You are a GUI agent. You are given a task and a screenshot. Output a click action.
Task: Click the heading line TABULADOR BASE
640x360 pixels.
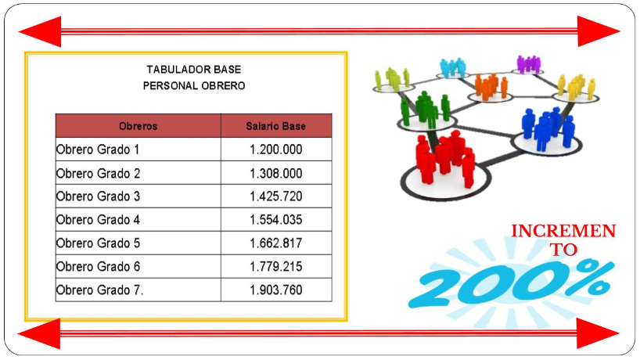point(194,70)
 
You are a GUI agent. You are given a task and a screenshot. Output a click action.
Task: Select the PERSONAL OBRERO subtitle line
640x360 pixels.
point(194,86)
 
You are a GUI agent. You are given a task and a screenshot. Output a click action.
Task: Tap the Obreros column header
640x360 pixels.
point(138,126)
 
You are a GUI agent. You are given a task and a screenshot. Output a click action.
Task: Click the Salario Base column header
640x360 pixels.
point(276,126)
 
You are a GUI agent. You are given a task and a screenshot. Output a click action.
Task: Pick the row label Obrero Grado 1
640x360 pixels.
point(98,149)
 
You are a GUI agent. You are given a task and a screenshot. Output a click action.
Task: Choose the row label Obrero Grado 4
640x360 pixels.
point(98,220)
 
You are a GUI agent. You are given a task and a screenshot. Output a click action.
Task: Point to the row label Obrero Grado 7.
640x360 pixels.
point(99,290)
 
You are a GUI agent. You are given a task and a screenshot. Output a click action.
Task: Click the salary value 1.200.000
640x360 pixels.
point(276,149)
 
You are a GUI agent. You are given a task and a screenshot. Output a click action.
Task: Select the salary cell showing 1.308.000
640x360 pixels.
point(276,173)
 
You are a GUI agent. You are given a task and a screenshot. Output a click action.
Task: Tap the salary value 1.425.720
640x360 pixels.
point(276,196)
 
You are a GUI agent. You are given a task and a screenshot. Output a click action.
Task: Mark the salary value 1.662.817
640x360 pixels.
point(276,243)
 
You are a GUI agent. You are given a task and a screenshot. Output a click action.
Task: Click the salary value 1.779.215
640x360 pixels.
point(276,267)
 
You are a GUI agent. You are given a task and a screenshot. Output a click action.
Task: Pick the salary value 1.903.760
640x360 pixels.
point(276,290)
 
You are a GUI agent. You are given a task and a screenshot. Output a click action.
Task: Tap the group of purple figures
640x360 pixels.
point(529,64)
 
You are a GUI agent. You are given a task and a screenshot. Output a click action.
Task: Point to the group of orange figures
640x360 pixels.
point(491,87)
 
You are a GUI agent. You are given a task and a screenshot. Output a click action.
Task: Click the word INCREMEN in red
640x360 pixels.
point(563,231)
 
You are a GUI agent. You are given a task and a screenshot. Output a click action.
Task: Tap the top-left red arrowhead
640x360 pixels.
point(41,31)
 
